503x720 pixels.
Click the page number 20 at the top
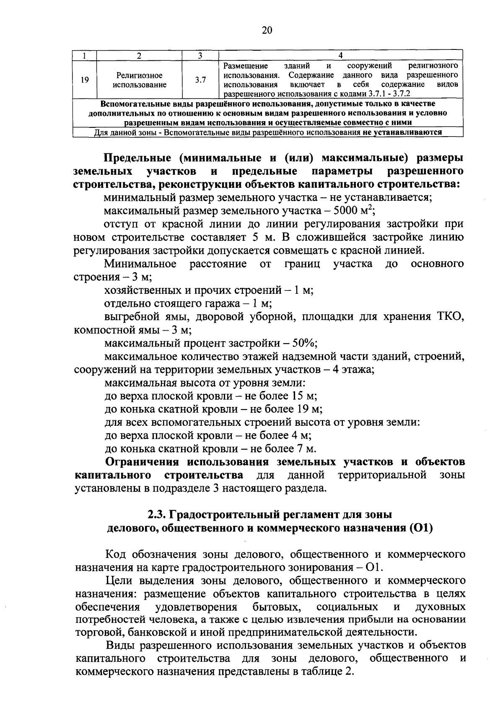click(x=267, y=30)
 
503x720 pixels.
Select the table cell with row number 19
click(x=85, y=80)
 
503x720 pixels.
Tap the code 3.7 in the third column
click(x=200, y=80)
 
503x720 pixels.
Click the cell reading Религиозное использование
click(x=139, y=80)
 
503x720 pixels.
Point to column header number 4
click(x=340, y=55)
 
